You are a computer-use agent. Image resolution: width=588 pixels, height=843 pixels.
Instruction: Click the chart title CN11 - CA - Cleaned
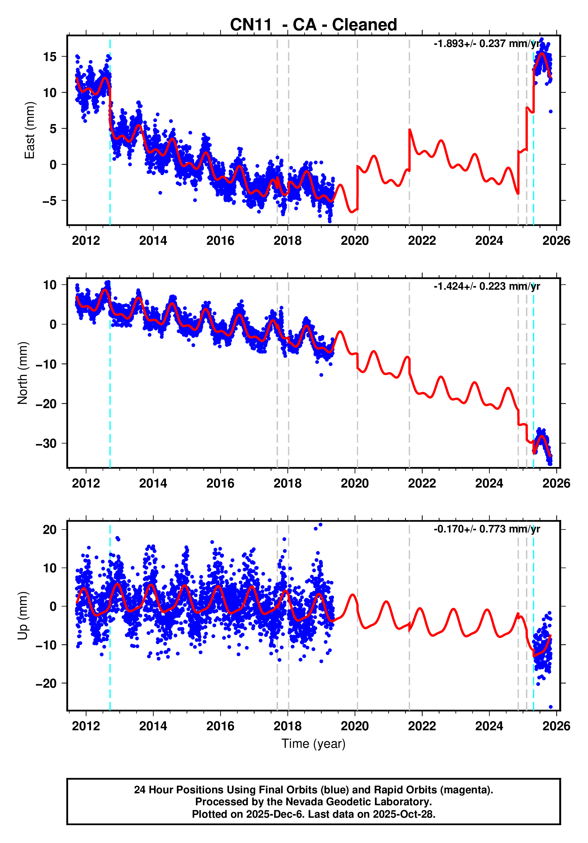pos(313,25)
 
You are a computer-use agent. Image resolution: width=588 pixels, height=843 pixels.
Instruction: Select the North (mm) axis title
pos(23,373)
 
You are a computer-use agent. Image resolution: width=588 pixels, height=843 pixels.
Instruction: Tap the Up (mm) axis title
pos(23,616)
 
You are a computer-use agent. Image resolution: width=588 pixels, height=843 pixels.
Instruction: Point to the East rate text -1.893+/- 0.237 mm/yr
pos(487,44)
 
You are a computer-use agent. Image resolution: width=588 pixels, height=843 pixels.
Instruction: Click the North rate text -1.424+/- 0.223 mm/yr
pos(487,286)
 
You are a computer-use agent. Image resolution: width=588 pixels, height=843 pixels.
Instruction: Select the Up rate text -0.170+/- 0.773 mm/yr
pos(487,529)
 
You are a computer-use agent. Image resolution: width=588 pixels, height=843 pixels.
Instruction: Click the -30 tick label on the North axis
pos(46,444)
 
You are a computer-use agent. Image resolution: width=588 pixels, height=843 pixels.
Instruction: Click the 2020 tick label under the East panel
pos(355,241)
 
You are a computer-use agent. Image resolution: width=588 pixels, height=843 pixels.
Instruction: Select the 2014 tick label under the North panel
pos(153,484)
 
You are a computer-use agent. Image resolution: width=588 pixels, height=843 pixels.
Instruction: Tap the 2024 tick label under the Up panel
pos(489,726)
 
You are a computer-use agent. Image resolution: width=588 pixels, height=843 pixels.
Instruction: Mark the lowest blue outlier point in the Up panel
pos(551,707)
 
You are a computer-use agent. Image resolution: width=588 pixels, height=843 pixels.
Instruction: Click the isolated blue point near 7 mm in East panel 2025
pos(551,112)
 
